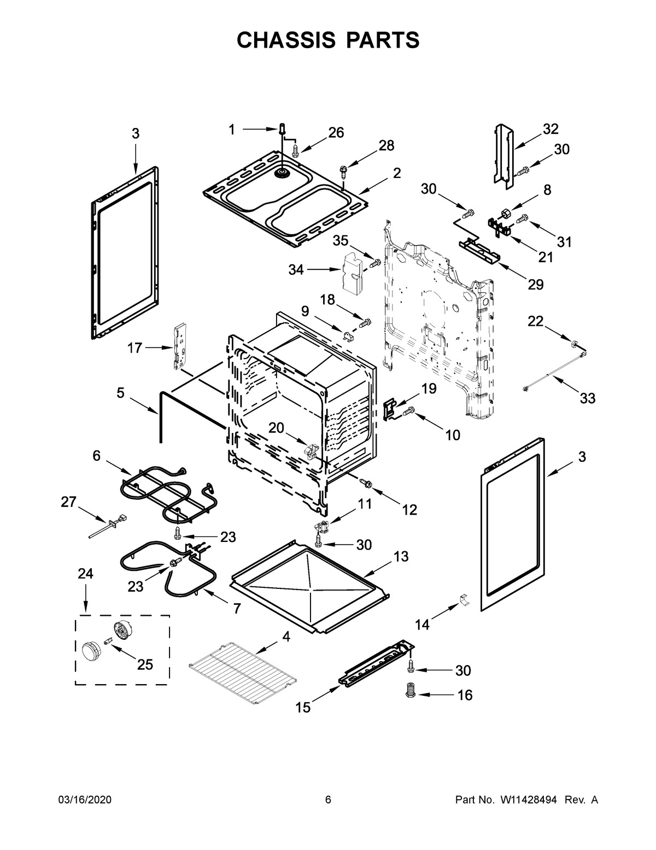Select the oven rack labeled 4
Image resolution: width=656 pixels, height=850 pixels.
coord(243,673)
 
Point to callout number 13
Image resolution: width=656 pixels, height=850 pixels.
coord(401,557)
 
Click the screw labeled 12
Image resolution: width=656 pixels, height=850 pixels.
coord(366,483)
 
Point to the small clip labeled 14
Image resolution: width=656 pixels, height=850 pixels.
coord(463,599)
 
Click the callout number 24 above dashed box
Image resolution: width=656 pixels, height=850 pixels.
coord(85,574)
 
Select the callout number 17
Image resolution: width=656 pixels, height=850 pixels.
coord(135,347)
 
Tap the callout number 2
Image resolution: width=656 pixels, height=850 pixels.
coord(396,173)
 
